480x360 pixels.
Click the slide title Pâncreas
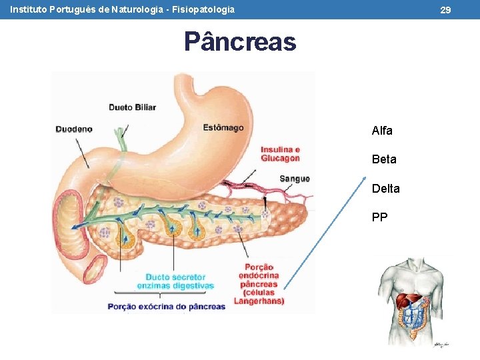coord(240,42)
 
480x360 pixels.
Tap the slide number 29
coord(446,10)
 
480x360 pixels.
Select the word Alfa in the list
coord(382,131)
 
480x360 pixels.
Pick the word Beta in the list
coord(384,159)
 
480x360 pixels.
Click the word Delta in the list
coord(386,189)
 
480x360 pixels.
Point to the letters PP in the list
coord(380,217)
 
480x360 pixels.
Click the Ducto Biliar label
coord(133,107)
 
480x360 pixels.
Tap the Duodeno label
coord(74,129)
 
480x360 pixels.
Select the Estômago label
coord(223,127)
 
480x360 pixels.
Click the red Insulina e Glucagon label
coord(280,154)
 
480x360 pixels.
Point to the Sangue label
coord(295,179)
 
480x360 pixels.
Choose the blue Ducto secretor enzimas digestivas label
coord(175,281)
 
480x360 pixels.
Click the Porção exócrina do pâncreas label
coord(167,306)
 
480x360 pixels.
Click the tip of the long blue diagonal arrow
coord(365,177)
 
